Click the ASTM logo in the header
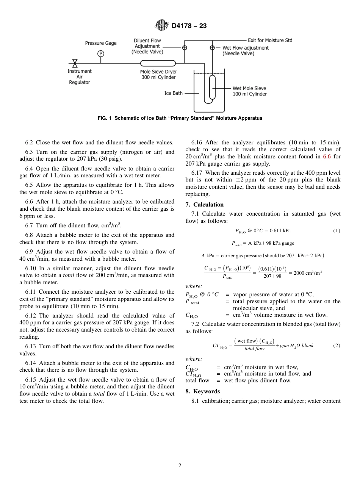tap(162, 26)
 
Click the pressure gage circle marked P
tap(101, 53)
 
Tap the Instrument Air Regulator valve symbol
tap(75, 63)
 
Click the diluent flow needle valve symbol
tap(185, 48)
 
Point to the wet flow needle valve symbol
tap(212, 48)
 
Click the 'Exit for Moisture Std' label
tap(270, 40)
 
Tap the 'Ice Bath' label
tap(173, 93)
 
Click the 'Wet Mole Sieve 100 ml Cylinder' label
tap(249, 91)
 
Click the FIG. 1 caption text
tap(180, 118)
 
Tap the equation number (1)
tap(337, 231)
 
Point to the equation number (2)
tap(337, 346)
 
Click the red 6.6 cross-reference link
tap(327, 156)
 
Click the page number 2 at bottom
tap(180, 466)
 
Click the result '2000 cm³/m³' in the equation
tap(308, 273)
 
